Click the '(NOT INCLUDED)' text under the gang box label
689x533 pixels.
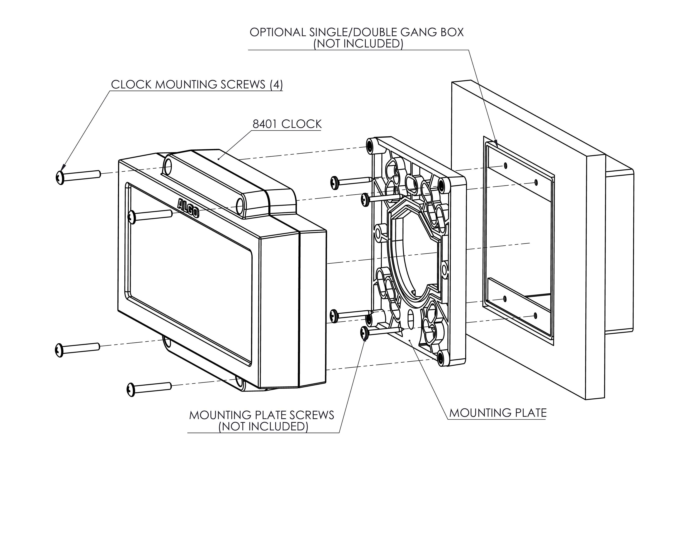358,43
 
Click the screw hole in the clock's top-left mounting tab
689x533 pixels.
168,165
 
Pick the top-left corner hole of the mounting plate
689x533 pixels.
370,145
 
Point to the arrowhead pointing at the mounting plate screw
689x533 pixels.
365,338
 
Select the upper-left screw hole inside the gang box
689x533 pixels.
505,166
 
